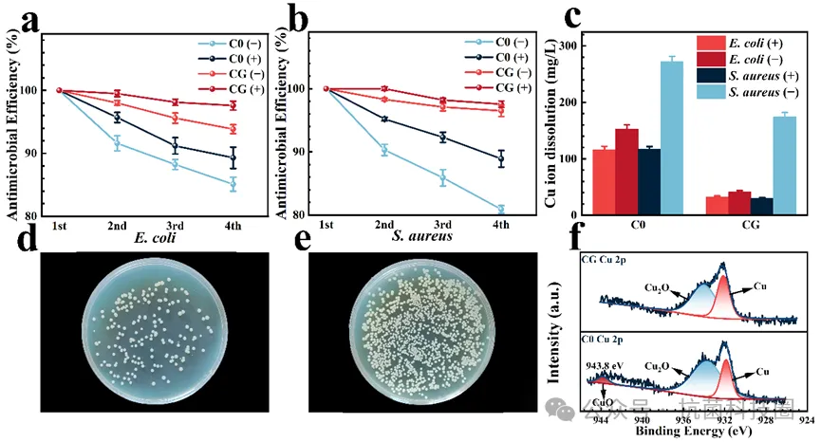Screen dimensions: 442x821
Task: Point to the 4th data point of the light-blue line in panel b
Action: pos(500,210)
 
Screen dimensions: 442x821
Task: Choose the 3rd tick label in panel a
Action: pos(175,225)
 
